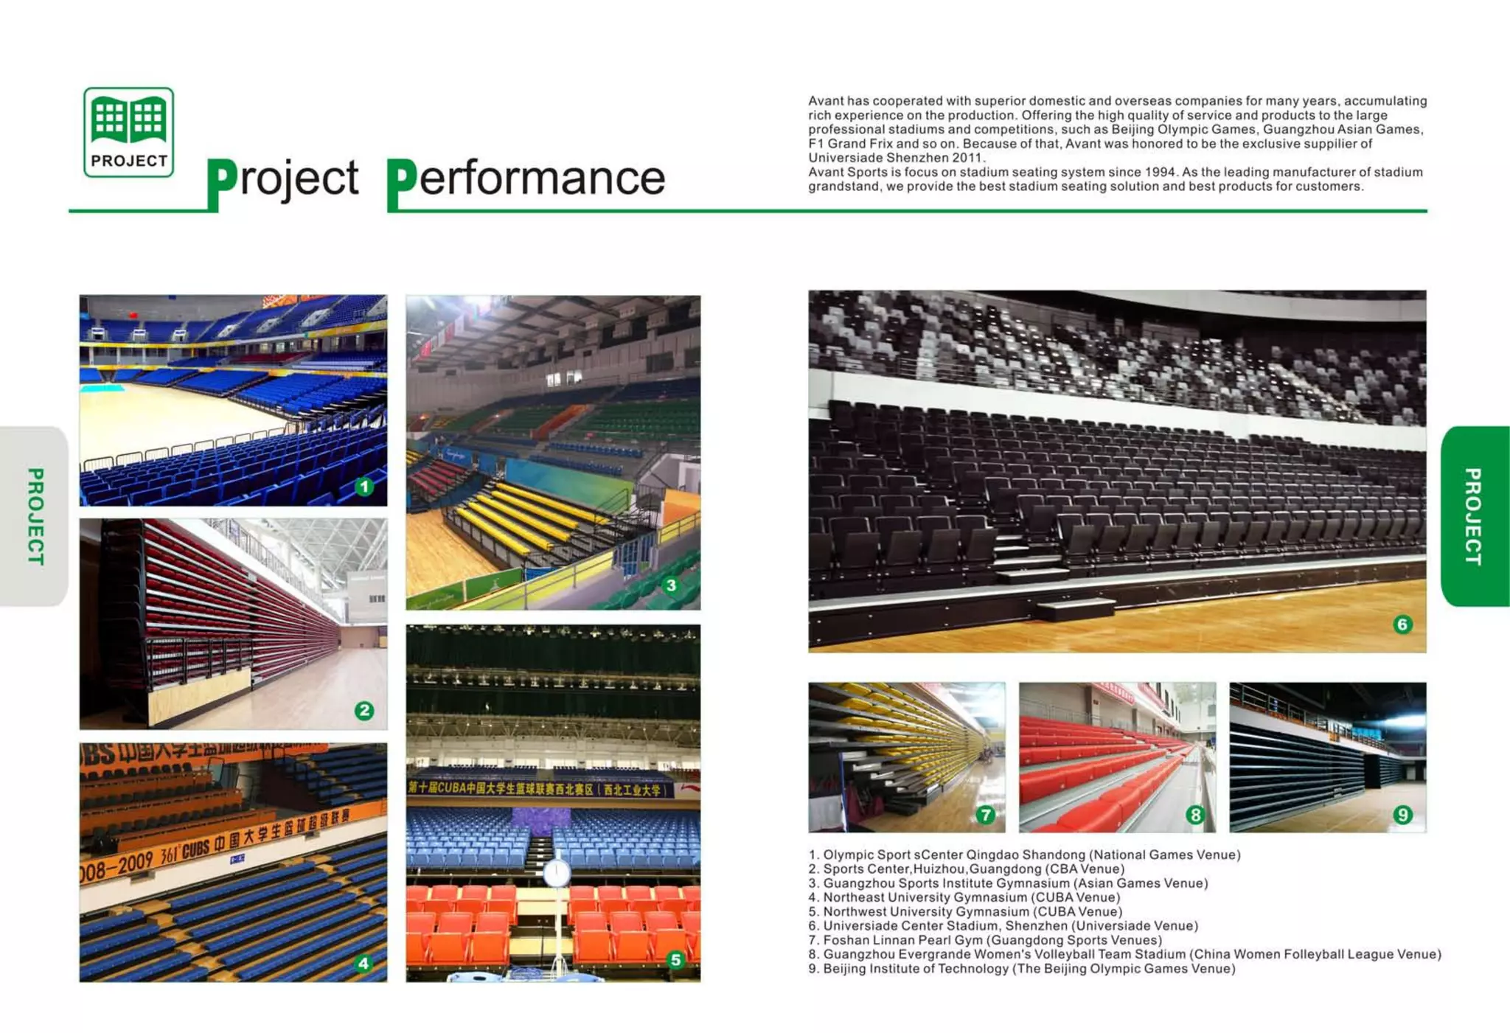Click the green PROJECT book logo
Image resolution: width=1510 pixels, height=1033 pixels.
129,132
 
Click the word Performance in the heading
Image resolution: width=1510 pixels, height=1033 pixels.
526,179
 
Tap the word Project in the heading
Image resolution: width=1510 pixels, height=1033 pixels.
283,179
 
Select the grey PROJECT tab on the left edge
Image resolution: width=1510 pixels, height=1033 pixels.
35,516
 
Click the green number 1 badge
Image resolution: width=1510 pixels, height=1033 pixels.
364,487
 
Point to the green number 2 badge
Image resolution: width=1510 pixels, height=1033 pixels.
364,711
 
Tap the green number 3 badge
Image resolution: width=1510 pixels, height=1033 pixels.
671,586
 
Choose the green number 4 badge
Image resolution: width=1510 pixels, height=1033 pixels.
363,964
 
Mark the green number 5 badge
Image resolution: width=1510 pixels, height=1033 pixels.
675,960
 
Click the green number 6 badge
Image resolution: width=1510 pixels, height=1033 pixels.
1403,625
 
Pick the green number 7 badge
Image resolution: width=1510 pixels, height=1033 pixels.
985,815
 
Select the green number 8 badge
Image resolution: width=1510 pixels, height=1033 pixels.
1195,815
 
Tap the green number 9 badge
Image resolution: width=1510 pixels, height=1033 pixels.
1403,815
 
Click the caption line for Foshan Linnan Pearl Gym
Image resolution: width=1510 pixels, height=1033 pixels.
985,940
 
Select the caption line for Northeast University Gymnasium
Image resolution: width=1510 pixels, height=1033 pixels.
964,897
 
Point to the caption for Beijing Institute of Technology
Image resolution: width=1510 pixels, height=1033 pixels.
1022,969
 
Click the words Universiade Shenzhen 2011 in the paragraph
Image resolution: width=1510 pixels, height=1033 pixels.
897,158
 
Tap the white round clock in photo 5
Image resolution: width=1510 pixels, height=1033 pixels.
557,874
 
